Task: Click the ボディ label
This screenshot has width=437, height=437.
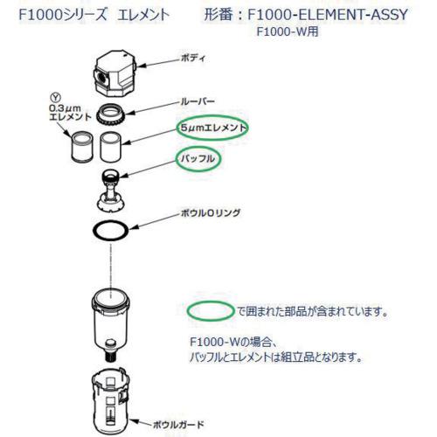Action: pyautogui.click(x=193, y=58)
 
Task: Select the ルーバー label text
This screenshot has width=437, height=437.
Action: pyautogui.click(x=198, y=101)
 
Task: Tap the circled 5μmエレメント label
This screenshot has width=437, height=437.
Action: pyautogui.click(x=213, y=128)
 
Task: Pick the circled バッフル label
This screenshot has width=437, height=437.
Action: pyautogui.click(x=198, y=159)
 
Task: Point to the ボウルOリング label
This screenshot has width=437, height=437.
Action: pyautogui.click(x=211, y=213)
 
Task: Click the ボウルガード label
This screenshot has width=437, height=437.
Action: pyautogui.click(x=179, y=425)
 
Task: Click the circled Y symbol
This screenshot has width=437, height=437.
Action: pyautogui.click(x=55, y=97)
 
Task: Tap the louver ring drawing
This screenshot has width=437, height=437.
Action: pyautogui.click(x=111, y=114)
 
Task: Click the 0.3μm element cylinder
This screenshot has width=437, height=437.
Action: pyautogui.click(x=82, y=147)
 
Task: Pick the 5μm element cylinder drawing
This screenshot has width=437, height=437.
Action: pyautogui.click(x=110, y=147)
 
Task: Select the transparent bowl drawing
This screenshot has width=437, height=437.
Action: pyautogui.click(x=111, y=321)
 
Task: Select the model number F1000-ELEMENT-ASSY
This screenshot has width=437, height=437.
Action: pyautogui.click(x=328, y=15)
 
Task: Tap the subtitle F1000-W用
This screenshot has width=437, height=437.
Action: pyautogui.click(x=288, y=31)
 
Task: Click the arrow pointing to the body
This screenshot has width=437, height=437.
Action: pyautogui.click(x=159, y=63)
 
